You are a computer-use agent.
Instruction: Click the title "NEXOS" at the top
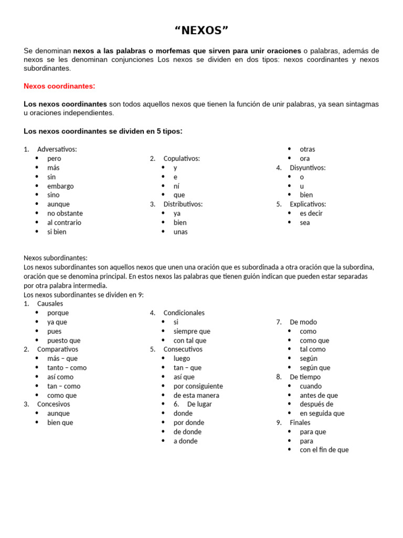pyautogui.click(x=201, y=30)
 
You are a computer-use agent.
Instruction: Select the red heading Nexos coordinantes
pyautogui.click(x=59, y=86)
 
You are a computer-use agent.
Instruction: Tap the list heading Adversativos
pyautogui.click(x=57, y=149)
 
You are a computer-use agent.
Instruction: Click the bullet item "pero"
pyautogui.click(x=54, y=158)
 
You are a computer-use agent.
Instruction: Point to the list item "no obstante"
pyautogui.click(x=65, y=213)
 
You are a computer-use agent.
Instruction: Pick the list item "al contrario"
pyautogui.click(x=64, y=222)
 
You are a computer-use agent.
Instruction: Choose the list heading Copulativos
pyautogui.click(x=181, y=158)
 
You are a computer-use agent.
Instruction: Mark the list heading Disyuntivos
pyautogui.click(x=307, y=168)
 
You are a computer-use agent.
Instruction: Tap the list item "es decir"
pyautogui.click(x=311, y=213)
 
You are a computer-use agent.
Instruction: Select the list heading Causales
pyautogui.click(x=50, y=303)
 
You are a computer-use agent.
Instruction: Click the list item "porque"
pyautogui.click(x=58, y=313)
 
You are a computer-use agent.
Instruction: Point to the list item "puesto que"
pyautogui.click(x=64, y=340)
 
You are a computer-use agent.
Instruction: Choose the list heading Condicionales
pyautogui.click(x=184, y=313)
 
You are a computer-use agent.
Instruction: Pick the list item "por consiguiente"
pyautogui.click(x=198, y=386)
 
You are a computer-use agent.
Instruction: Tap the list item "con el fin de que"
pyautogui.click(x=324, y=450)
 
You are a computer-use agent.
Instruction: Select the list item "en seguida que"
pyautogui.click(x=322, y=413)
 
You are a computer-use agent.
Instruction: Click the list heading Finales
pyautogui.click(x=300, y=422)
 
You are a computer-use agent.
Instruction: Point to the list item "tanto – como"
pyautogui.click(x=67, y=368)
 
